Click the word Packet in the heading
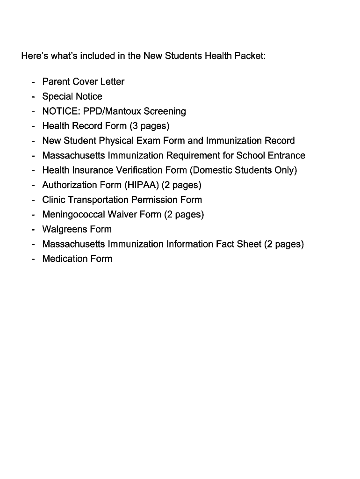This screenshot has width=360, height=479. click(x=250, y=56)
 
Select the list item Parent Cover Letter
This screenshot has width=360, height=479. click(x=83, y=82)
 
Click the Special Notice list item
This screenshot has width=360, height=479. click(x=72, y=96)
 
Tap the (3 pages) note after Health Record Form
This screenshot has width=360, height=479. click(x=149, y=126)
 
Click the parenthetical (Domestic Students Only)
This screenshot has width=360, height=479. click(x=243, y=170)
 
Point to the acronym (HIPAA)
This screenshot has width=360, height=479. click(x=142, y=185)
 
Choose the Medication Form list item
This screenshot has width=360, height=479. click(x=77, y=259)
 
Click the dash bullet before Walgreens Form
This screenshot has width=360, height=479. click(x=33, y=229)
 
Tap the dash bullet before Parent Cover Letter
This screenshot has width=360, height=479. click(x=33, y=82)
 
